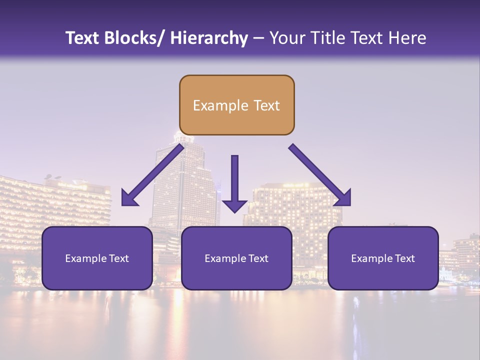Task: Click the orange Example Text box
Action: (236, 105)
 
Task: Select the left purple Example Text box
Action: (97, 258)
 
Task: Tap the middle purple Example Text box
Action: (236, 258)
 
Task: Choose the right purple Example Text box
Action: (383, 258)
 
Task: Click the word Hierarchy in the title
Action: (209, 38)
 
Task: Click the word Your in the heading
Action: (287, 38)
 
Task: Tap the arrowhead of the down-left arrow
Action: (129, 198)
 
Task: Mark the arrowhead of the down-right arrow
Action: (343, 198)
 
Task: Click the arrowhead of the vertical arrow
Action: (234, 205)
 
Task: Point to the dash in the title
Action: (258, 38)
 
